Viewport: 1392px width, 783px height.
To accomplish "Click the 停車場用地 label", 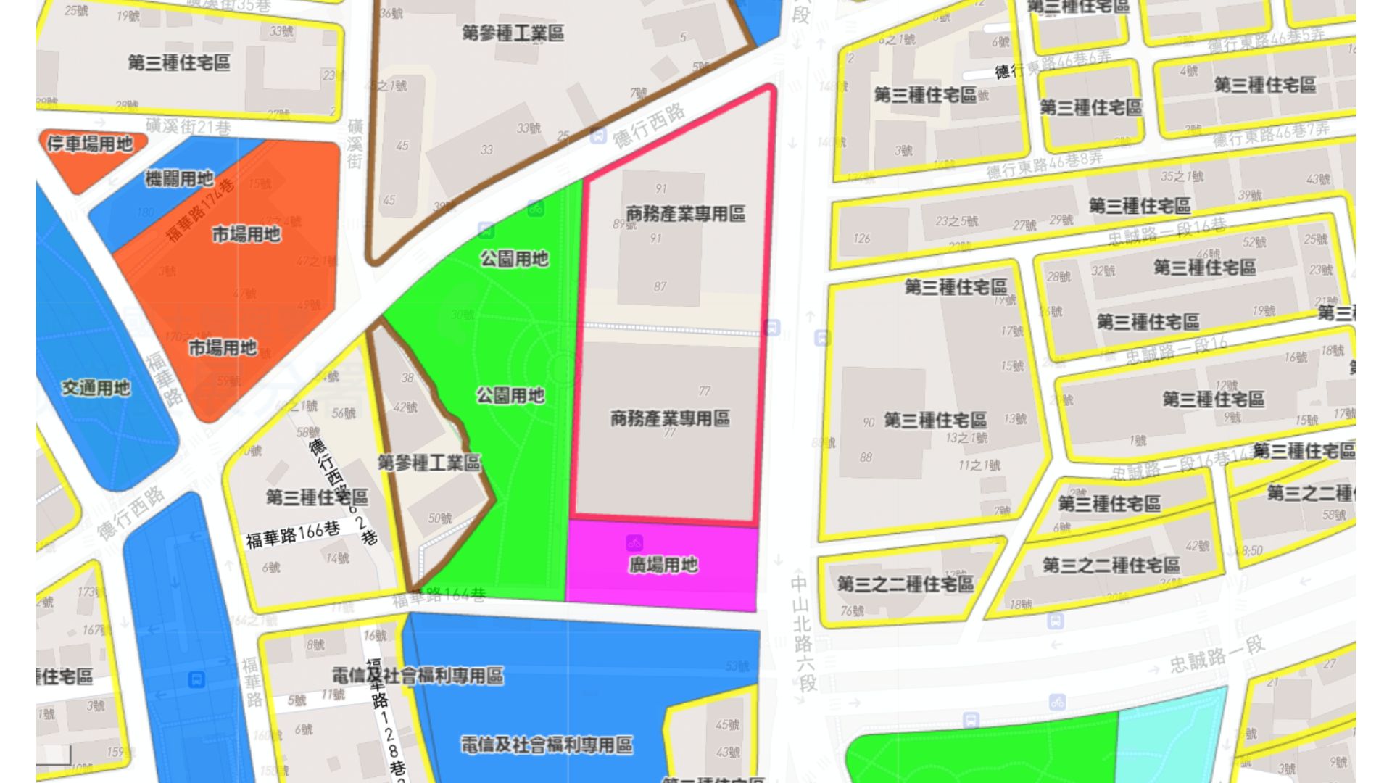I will (x=90, y=144).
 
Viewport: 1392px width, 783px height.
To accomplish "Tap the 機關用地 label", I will (x=179, y=178).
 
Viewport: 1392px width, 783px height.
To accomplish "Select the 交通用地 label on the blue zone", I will (x=96, y=389).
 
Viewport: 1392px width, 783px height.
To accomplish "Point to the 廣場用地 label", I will (x=663, y=565).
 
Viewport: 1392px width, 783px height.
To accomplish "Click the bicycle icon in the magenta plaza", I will (x=634, y=543).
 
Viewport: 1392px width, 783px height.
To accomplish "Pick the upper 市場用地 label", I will (x=246, y=234).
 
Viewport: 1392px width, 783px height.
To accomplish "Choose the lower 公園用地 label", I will (x=510, y=396).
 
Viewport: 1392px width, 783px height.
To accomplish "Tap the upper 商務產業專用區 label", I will (x=685, y=214).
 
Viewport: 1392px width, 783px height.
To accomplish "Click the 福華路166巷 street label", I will (x=293, y=535).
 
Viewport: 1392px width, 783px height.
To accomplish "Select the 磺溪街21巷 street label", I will (x=188, y=128).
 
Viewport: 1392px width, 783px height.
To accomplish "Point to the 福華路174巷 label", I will (x=200, y=210).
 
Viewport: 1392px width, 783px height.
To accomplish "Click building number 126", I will (x=861, y=239).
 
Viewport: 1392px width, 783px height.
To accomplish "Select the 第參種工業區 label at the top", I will (x=513, y=33).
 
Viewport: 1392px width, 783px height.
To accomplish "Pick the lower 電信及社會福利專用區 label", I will (x=547, y=745).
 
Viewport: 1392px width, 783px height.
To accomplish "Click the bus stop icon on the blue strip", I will (x=196, y=680).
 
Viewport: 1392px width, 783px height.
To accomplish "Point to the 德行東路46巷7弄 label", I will (x=1271, y=135).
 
